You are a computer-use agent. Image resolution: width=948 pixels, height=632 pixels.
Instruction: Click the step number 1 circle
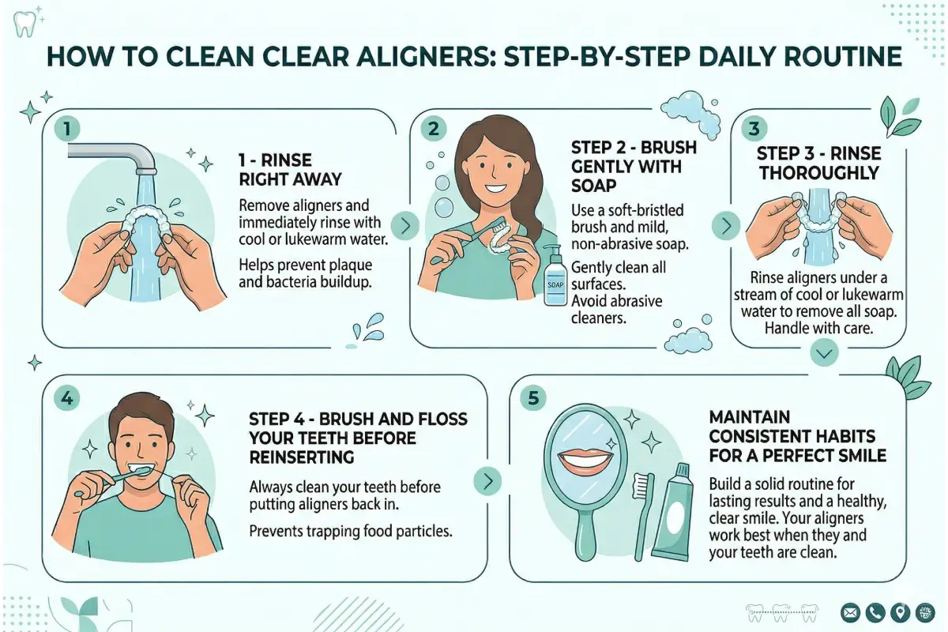point(68,128)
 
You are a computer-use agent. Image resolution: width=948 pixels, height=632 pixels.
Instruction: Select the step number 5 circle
point(534,398)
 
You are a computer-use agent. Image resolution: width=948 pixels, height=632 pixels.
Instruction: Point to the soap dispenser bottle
point(555,276)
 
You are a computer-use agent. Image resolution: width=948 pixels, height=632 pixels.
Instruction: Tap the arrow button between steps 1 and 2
point(405,226)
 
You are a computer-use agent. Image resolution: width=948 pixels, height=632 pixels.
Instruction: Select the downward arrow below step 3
point(824,355)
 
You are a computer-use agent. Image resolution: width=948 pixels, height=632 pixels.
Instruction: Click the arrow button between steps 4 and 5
point(487,480)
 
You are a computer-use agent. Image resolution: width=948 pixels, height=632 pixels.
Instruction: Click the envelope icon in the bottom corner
point(850,612)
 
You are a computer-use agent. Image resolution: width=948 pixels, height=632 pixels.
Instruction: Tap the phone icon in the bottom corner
point(875,612)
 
